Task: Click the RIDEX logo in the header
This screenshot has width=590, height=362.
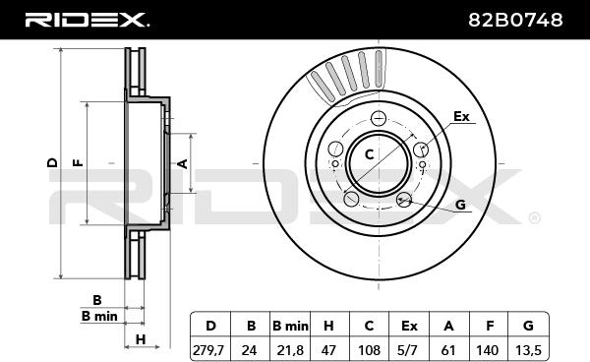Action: point(88,20)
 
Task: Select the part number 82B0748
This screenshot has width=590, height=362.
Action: point(515,20)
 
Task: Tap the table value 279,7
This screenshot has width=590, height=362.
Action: point(208,350)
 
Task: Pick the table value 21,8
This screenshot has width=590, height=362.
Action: point(290,350)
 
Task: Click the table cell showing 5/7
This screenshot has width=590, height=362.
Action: point(409,350)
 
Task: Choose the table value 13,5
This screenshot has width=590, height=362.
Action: point(528,350)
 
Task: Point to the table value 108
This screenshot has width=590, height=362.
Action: point(369,350)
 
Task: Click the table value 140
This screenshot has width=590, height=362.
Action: point(488,350)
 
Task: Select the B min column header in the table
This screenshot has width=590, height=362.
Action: point(290,326)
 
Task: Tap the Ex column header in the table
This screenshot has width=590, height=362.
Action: point(409,326)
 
